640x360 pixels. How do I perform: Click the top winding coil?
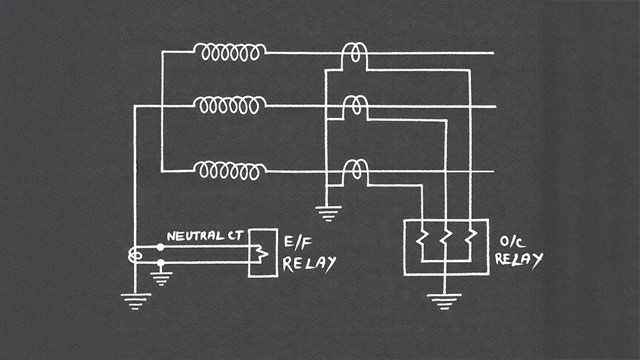(x=230, y=52)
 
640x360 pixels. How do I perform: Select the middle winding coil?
(x=230, y=105)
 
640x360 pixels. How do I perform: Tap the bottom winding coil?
(x=230, y=171)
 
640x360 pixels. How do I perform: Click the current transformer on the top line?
(x=355, y=55)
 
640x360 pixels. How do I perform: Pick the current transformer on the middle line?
(x=355, y=107)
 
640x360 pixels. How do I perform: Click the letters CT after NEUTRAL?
(x=234, y=236)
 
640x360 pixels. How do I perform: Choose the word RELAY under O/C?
(x=520, y=259)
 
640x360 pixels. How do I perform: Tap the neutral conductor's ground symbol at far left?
(x=135, y=301)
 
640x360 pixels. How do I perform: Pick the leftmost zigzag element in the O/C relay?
(x=421, y=242)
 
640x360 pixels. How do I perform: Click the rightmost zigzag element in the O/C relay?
(x=470, y=242)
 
